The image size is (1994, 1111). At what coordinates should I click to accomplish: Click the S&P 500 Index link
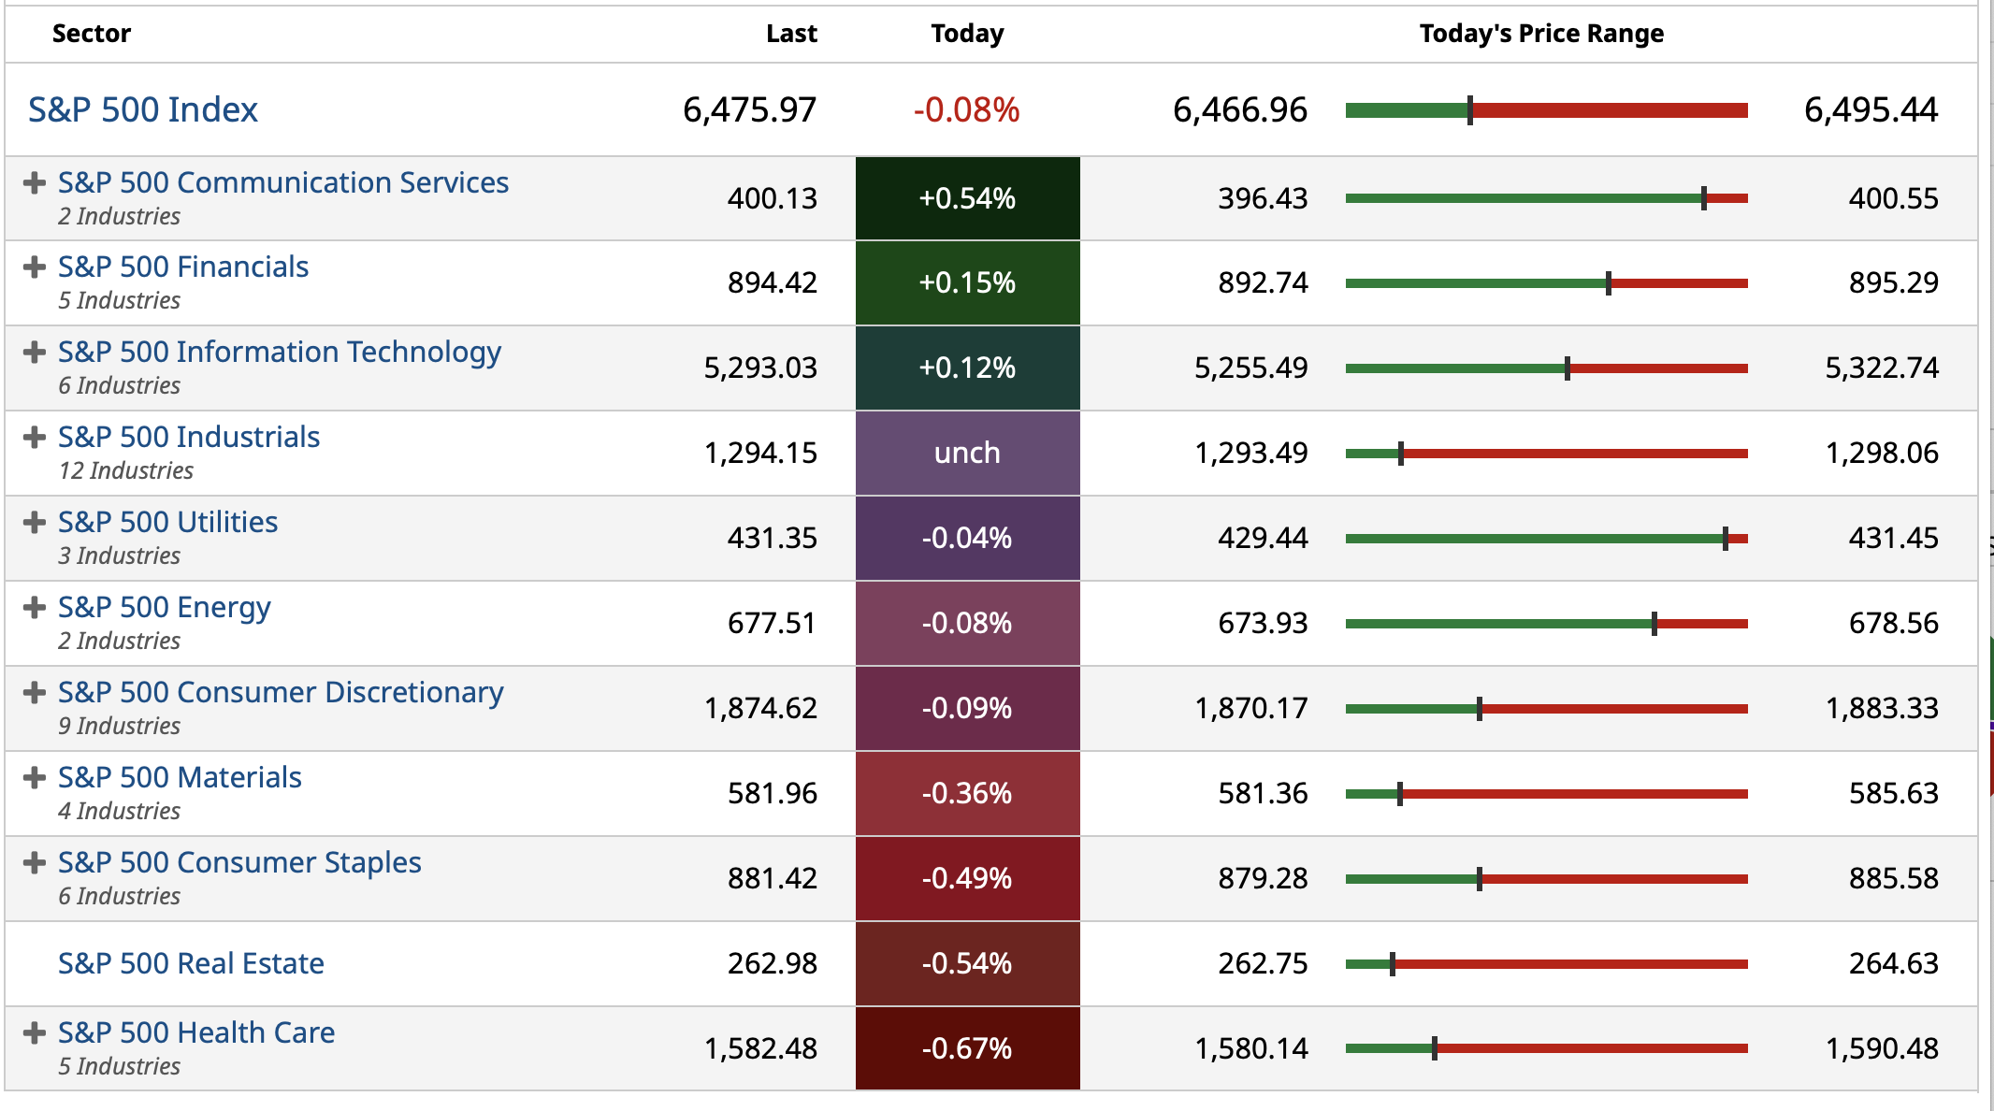point(142,109)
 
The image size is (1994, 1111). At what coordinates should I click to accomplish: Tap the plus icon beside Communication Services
point(35,182)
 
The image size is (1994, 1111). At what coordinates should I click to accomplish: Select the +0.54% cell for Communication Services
point(967,198)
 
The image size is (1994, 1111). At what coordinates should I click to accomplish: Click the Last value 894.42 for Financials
point(772,282)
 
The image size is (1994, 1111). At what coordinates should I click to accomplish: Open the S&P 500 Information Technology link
point(279,352)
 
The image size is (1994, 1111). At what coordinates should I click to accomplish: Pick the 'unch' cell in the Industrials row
point(967,453)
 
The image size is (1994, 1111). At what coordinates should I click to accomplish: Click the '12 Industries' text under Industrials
point(125,470)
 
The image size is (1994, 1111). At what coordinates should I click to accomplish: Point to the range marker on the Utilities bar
point(1725,539)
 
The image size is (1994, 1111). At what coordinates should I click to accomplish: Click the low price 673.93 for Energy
point(1262,623)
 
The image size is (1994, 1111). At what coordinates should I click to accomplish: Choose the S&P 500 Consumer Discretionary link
point(281,692)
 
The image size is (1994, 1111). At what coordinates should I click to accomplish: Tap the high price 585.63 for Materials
point(1893,793)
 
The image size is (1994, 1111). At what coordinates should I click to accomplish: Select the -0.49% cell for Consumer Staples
point(967,878)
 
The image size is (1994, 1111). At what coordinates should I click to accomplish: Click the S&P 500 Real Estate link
point(191,963)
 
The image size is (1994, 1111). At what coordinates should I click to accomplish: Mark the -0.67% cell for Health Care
point(967,1048)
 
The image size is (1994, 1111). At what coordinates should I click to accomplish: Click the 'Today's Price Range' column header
point(1541,34)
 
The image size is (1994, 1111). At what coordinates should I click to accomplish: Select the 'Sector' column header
point(91,34)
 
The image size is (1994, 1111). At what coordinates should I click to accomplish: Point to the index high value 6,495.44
point(1871,109)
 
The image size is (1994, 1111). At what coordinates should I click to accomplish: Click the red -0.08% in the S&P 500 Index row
point(966,109)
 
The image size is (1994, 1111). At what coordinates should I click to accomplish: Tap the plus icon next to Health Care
point(35,1032)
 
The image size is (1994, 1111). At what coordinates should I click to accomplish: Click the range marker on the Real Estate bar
point(1393,964)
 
